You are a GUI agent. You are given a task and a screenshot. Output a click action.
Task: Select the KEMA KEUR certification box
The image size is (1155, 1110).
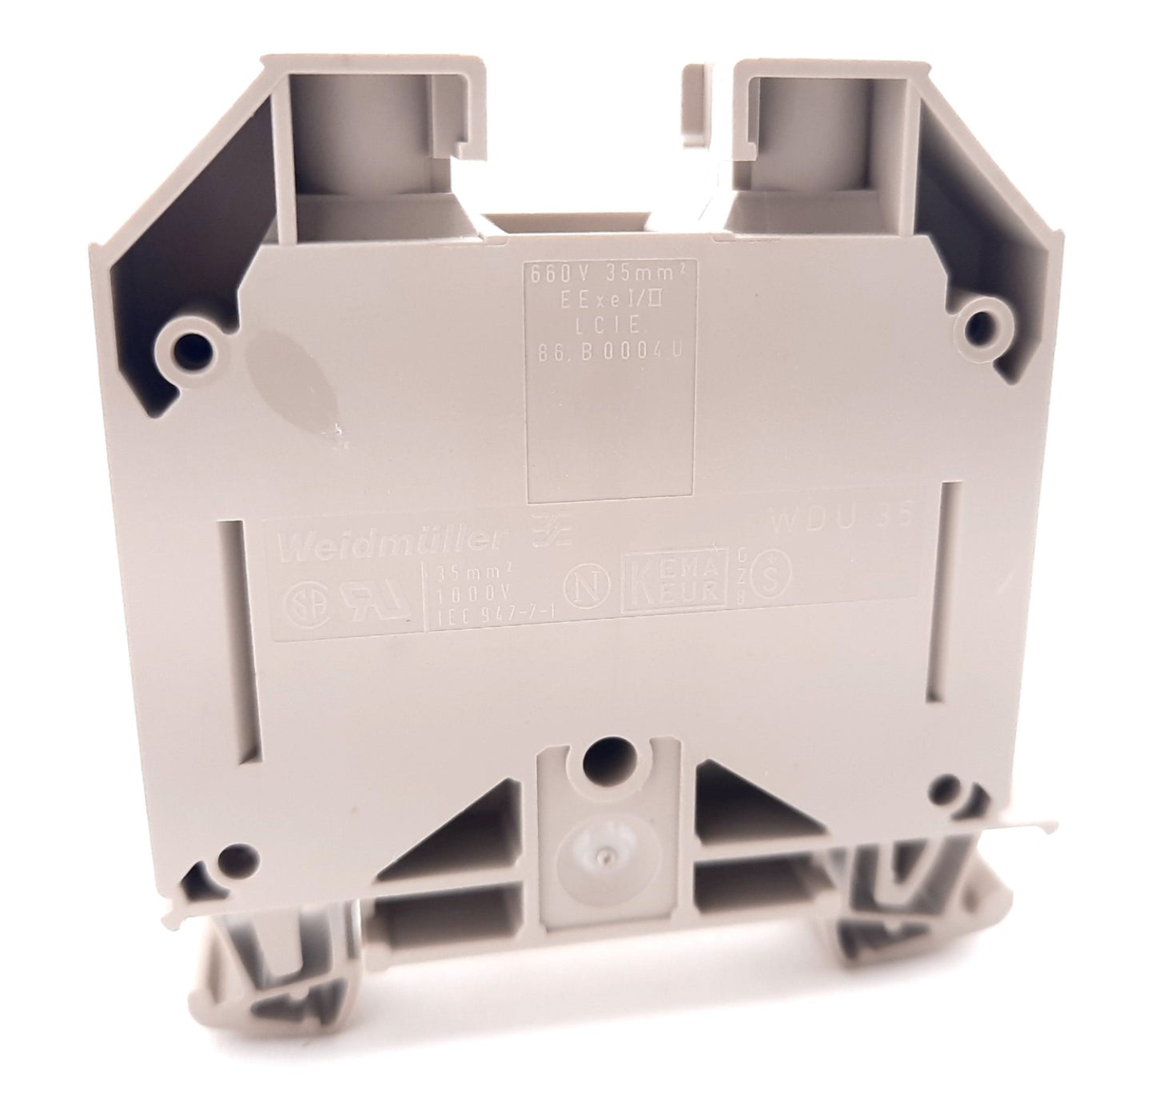click(x=675, y=586)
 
